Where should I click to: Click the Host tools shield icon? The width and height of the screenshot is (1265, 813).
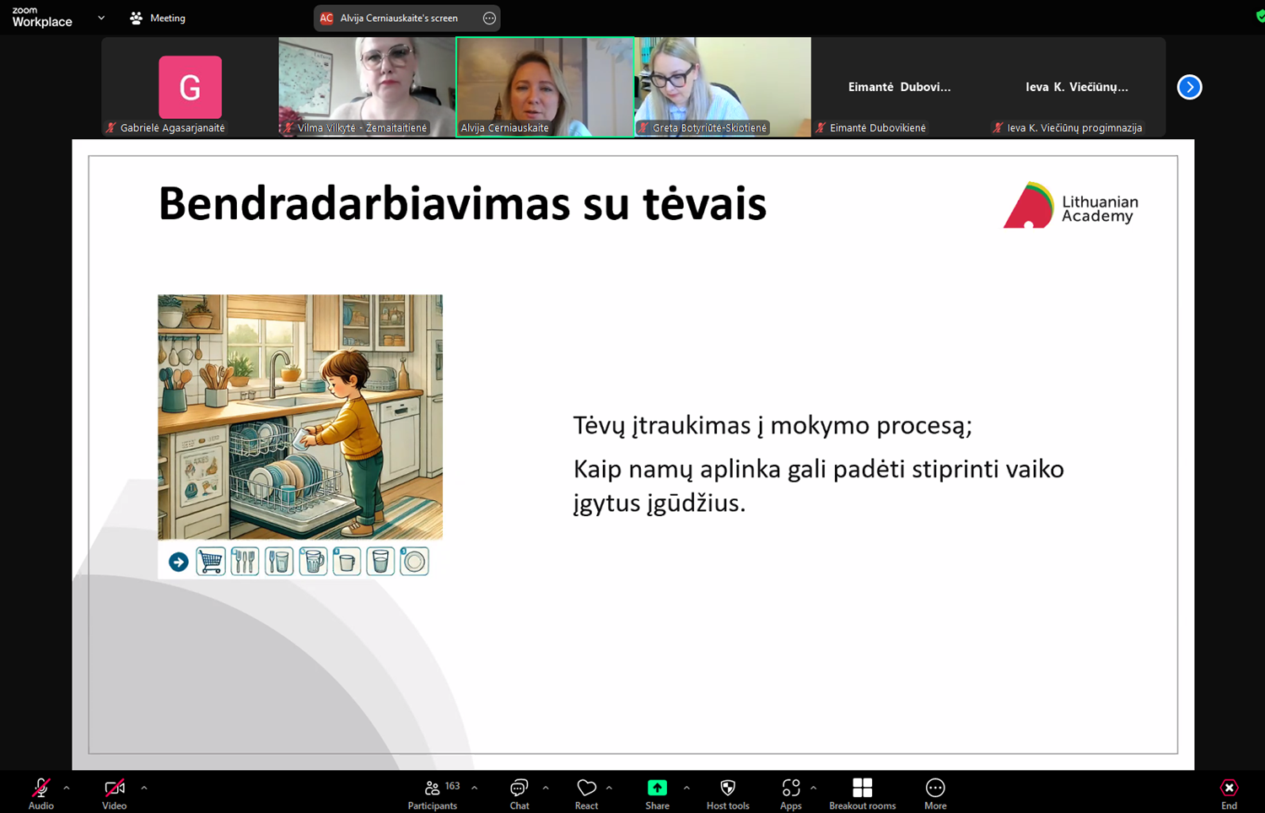pos(728,788)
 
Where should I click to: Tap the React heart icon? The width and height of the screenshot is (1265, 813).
pos(586,788)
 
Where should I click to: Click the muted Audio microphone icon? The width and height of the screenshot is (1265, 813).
pos(40,788)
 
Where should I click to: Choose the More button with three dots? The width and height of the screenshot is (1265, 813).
pos(935,788)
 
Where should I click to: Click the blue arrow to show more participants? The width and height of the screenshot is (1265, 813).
pos(1189,87)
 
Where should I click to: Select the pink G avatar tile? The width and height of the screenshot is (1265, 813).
pos(190,87)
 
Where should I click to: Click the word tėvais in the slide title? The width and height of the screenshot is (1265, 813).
pos(704,204)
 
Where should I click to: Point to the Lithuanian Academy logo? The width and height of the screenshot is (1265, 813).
pos(1071,205)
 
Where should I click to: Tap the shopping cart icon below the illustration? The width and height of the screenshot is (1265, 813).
pos(211,561)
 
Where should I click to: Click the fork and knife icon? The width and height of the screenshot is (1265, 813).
pos(245,561)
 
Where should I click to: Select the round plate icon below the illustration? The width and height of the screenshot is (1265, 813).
pos(414,561)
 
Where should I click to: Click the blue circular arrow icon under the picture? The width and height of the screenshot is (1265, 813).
pos(179,562)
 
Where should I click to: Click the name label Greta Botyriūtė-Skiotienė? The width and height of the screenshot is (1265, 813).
pos(709,127)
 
